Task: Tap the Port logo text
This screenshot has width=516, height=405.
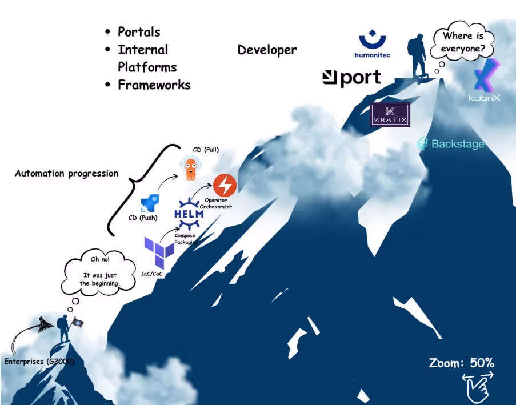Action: (352, 77)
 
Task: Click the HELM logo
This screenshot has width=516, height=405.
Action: (189, 213)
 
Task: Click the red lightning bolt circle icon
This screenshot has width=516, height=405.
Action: (225, 184)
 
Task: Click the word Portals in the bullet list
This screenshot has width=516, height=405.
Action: (139, 32)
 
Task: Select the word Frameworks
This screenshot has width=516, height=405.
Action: (154, 85)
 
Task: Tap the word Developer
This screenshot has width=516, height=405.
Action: (267, 50)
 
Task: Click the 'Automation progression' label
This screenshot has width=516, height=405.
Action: (67, 173)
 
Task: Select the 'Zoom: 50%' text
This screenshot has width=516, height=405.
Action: (462, 363)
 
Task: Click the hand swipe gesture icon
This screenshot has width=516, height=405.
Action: (477, 384)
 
